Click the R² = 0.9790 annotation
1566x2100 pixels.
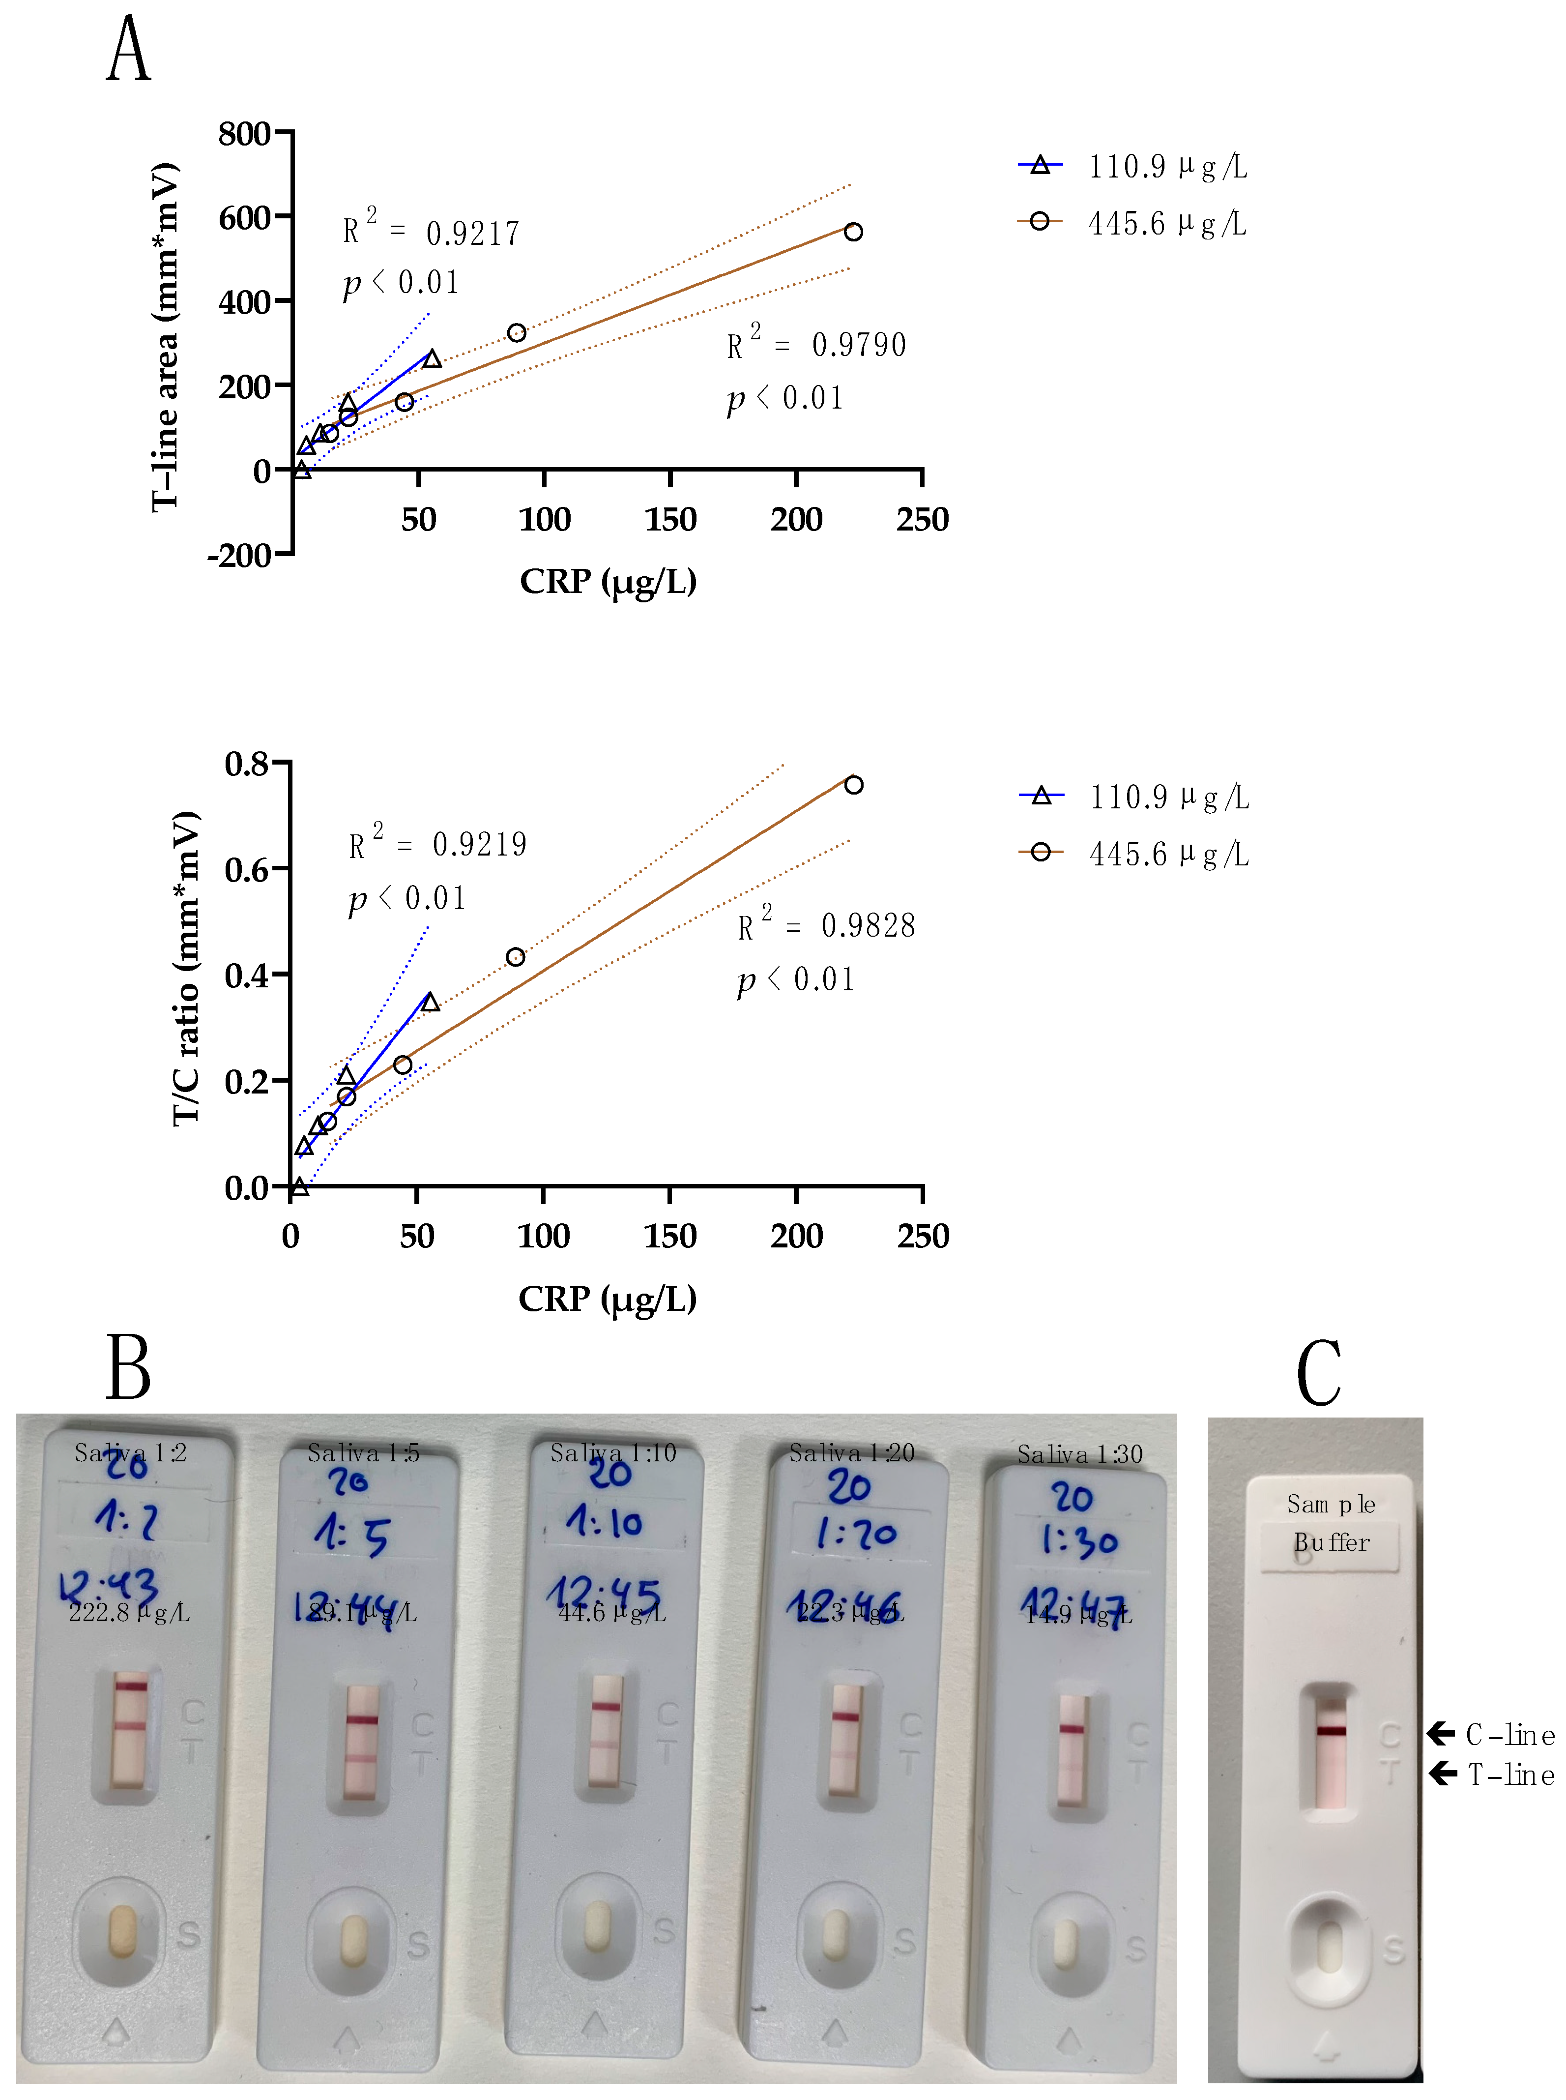point(816,344)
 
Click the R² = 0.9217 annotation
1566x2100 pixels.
point(432,231)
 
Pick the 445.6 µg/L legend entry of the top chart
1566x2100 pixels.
point(1133,224)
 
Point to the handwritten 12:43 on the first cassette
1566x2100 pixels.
point(109,1585)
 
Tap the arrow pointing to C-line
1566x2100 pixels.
point(1441,1734)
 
